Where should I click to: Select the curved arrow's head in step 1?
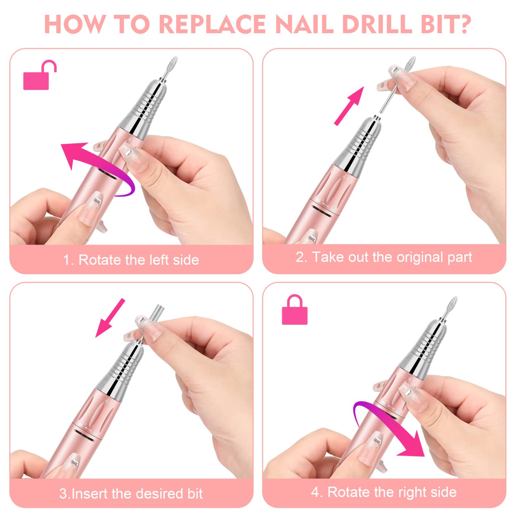pyautogui.click(x=71, y=153)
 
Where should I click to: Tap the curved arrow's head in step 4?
pyautogui.click(x=415, y=447)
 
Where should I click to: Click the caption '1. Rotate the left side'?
pyautogui.click(x=131, y=260)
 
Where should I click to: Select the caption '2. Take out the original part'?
pyautogui.click(x=384, y=257)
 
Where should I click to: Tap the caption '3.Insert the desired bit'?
pyautogui.click(x=131, y=494)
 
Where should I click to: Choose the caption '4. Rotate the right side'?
pyautogui.click(x=384, y=492)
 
